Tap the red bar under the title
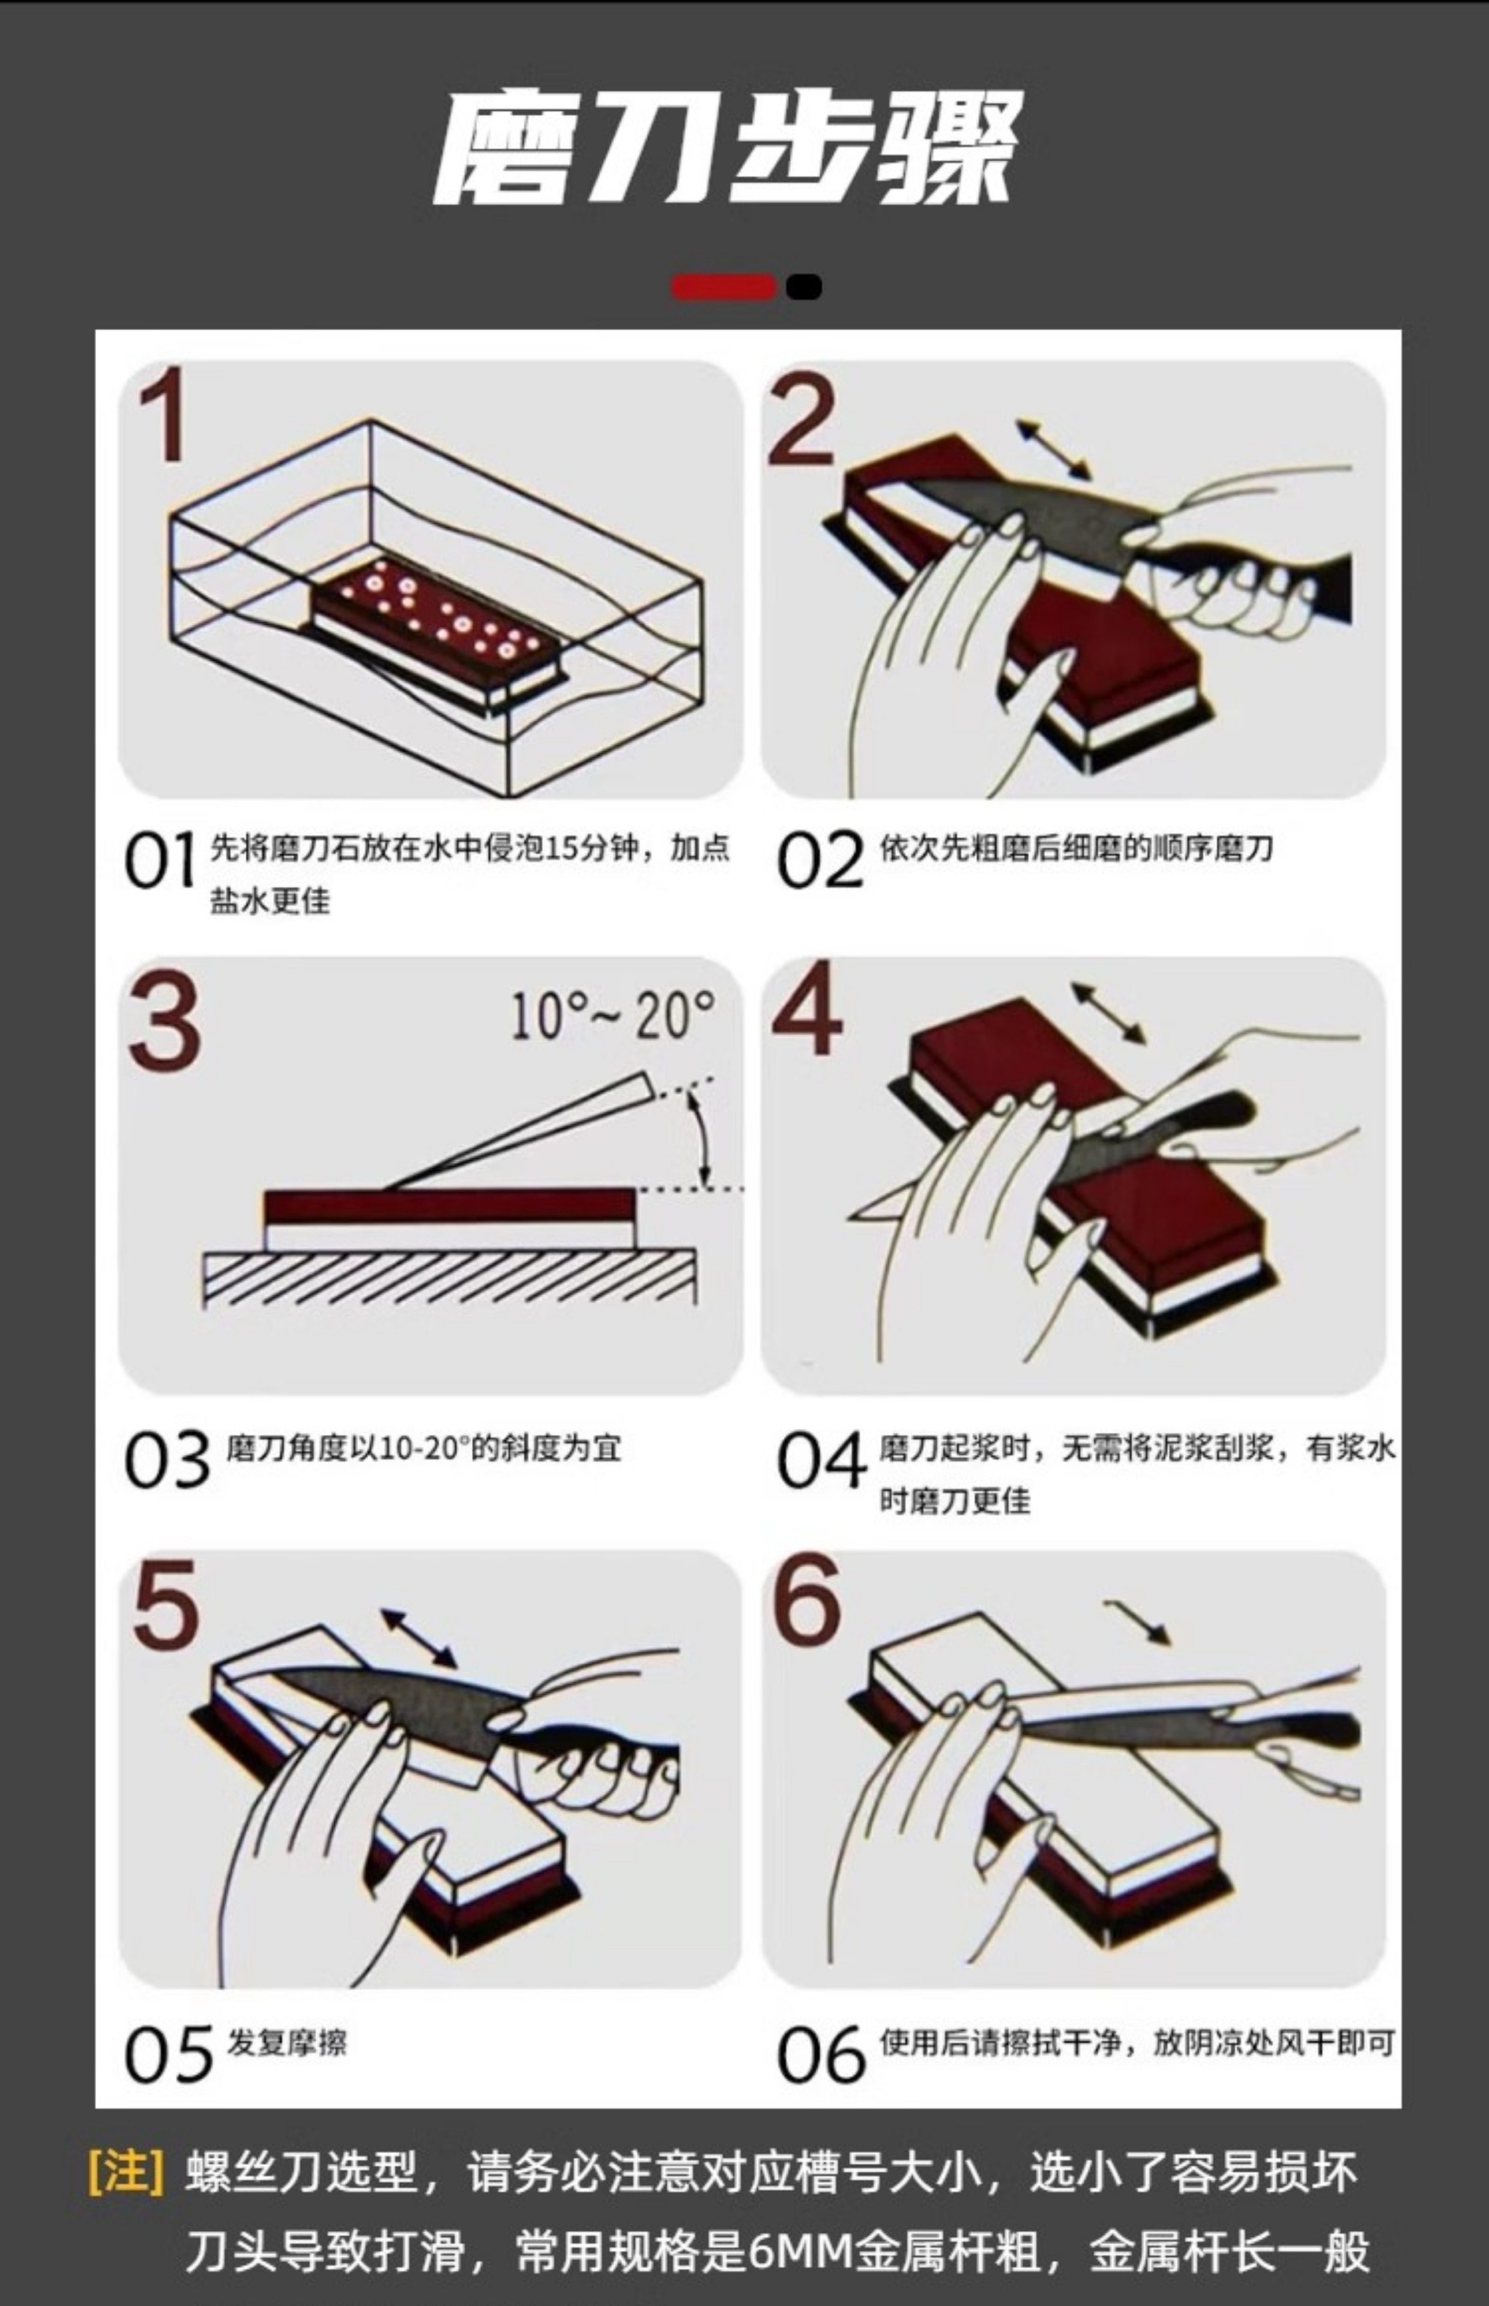click(x=723, y=287)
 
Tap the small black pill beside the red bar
click(x=803, y=287)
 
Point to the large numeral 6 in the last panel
click(x=808, y=1600)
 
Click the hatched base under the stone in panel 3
click(x=450, y=1279)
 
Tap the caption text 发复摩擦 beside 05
click(x=286, y=2043)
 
